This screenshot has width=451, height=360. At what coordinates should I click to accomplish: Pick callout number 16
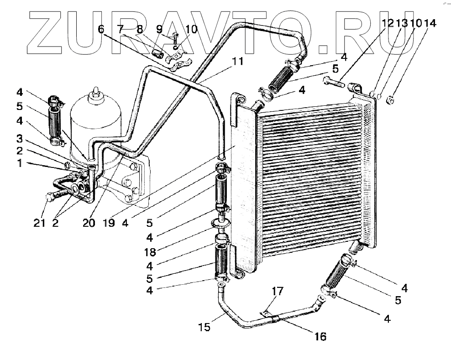(321, 337)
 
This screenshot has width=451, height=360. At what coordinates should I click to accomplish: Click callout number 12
(387, 23)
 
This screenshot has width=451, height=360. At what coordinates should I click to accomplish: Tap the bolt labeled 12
(334, 83)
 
